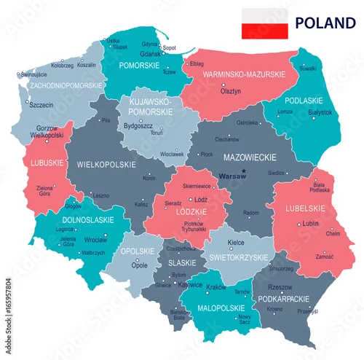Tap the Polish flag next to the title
tap(264, 23)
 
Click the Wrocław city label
tap(95, 239)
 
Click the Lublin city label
tap(312, 223)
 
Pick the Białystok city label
tap(320, 112)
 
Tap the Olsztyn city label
tap(231, 93)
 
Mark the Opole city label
tap(140, 266)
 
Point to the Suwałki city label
tap(308, 69)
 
